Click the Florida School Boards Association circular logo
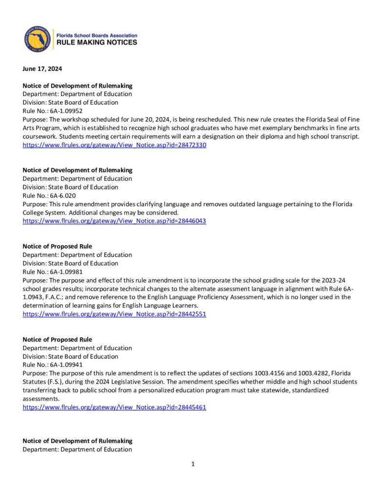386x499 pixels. click(x=38, y=39)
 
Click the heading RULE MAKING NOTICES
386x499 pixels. click(x=97, y=43)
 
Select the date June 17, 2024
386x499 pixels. click(x=42, y=69)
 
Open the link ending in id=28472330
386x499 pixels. click(x=114, y=145)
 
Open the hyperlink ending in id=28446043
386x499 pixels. click(x=114, y=221)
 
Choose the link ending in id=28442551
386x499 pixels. click(x=114, y=314)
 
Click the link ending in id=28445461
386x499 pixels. click(x=114, y=407)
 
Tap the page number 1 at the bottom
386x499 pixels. click(x=193, y=464)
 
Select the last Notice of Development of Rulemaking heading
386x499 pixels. click(x=78, y=441)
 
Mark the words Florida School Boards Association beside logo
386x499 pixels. click(x=97, y=36)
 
